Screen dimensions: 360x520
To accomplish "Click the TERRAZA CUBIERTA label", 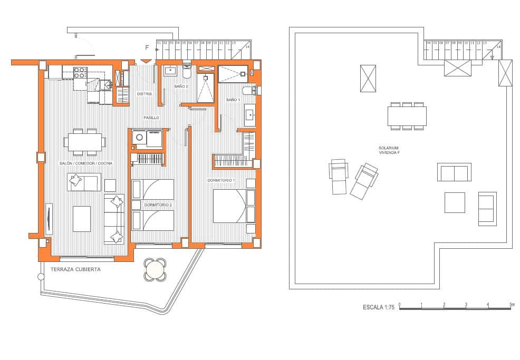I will point(75,269).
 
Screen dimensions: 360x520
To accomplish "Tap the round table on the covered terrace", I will point(155,270).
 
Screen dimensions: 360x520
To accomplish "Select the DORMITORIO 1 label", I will point(221,180).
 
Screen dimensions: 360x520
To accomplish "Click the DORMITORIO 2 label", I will point(158,205).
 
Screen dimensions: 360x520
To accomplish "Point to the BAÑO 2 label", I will point(181,86).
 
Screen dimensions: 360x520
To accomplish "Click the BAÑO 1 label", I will point(233,100).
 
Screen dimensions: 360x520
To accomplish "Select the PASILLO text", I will point(152,117).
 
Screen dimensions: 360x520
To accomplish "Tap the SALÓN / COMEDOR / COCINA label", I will point(86,163).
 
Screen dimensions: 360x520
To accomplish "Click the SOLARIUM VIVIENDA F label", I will point(389,150).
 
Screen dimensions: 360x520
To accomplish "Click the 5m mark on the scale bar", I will point(512,305).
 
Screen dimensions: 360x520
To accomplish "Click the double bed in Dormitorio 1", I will point(229,206).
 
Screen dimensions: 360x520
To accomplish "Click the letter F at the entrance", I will point(147,48).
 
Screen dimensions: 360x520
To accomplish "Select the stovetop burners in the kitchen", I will point(80,72).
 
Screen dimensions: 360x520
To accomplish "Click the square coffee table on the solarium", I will point(455,202).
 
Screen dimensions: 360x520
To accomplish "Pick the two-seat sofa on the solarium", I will point(454,172).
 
